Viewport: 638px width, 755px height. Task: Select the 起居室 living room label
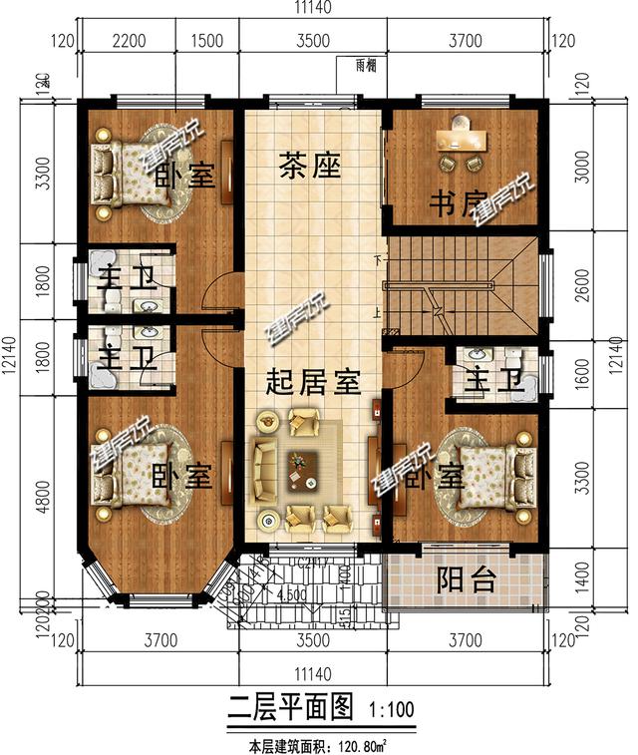pyautogui.click(x=312, y=382)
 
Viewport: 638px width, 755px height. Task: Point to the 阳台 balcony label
pyautogui.click(x=469, y=580)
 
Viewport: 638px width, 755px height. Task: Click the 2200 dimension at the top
pyautogui.click(x=130, y=41)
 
